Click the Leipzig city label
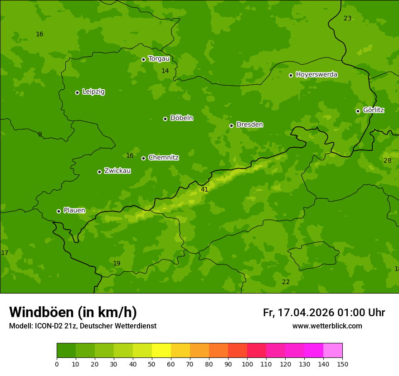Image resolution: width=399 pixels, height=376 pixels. (x=93, y=92)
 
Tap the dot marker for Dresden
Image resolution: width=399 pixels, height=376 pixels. (x=231, y=125)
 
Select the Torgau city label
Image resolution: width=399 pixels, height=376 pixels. (x=159, y=58)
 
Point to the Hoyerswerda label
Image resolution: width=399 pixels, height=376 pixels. (x=316, y=74)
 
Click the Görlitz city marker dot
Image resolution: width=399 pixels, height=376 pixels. (x=358, y=111)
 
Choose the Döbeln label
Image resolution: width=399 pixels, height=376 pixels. (x=181, y=118)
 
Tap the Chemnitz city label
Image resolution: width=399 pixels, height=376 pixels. (x=163, y=158)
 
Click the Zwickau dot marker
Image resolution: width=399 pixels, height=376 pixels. (x=99, y=172)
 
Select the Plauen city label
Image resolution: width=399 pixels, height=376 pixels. (x=74, y=210)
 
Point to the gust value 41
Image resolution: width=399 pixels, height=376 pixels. (x=204, y=189)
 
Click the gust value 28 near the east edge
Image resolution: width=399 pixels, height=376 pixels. (x=387, y=160)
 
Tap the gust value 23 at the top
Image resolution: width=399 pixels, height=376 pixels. (x=347, y=18)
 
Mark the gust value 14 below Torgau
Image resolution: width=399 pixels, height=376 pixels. (x=165, y=71)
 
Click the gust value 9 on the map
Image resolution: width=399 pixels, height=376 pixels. (x=40, y=134)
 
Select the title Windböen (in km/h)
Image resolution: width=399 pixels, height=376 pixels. (x=73, y=312)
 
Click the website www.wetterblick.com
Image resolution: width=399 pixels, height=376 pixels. (x=327, y=326)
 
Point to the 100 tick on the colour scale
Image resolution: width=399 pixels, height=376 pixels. (x=247, y=364)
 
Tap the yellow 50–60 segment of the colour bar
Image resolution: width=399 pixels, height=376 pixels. (x=161, y=351)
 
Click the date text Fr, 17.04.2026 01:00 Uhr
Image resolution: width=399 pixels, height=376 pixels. (x=324, y=313)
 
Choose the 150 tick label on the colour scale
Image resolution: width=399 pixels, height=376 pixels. (x=342, y=364)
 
